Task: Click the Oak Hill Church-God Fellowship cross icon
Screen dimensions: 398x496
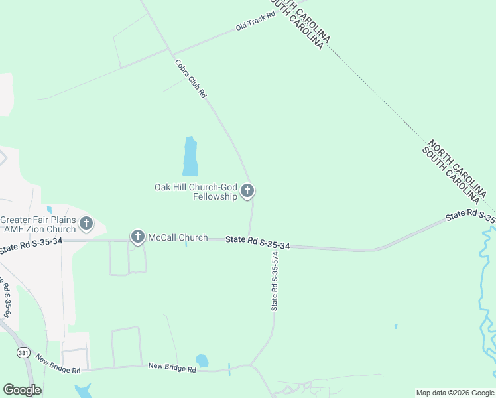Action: pyautogui.click(x=247, y=192)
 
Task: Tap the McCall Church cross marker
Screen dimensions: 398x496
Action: pyautogui.click(x=138, y=236)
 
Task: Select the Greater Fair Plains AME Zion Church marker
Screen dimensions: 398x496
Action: pyautogui.click(x=86, y=224)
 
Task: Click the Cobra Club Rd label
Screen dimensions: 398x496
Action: pyautogui.click(x=191, y=79)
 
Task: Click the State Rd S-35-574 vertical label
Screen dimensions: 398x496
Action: pyautogui.click(x=275, y=281)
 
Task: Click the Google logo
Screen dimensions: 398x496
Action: pyautogui.click(x=22, y=390)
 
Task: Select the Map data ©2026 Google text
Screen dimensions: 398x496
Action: pyautogui.click(x=454, y=393)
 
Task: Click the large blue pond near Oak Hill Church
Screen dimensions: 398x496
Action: pyautogui.click(x=190, y=157)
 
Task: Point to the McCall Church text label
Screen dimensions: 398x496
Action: pyautogui.click(x=177, y=237)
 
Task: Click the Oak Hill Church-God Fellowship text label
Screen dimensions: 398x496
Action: pyautogui.click(x=196, y=192)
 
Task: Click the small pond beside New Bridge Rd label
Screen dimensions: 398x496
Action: pyautogui.click(x=202, y=361)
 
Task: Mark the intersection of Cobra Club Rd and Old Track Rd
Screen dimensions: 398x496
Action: pyautogui.click(x=173, y=53)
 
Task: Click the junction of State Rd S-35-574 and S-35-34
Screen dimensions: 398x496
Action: pyautogui.click(x=249, y=240)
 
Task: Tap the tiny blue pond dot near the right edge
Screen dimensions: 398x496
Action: pyautogui.click(x=396, y=326)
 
